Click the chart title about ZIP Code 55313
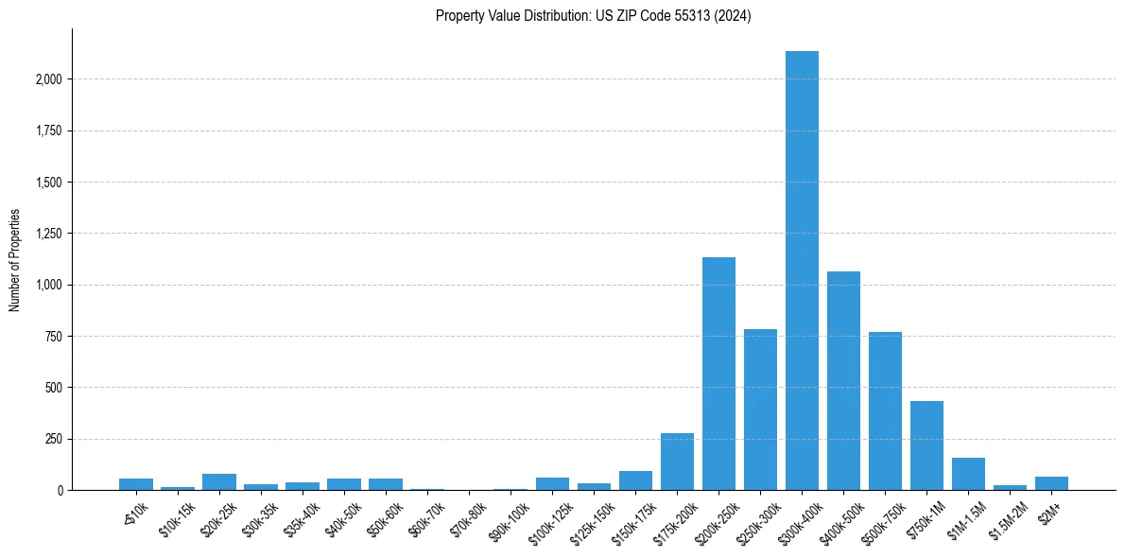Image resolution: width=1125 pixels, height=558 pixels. [593, 16]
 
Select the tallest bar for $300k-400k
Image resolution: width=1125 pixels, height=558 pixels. [802, 270]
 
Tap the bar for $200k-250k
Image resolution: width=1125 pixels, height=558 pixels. [718, 374]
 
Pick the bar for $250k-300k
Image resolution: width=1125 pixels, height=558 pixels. [760, 410]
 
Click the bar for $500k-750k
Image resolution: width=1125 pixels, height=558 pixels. [885, 411]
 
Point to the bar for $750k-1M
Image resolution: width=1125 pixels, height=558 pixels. [926, 445]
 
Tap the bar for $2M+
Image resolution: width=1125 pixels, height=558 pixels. [1051, 483]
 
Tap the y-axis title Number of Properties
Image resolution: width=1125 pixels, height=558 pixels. [15, 259]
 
